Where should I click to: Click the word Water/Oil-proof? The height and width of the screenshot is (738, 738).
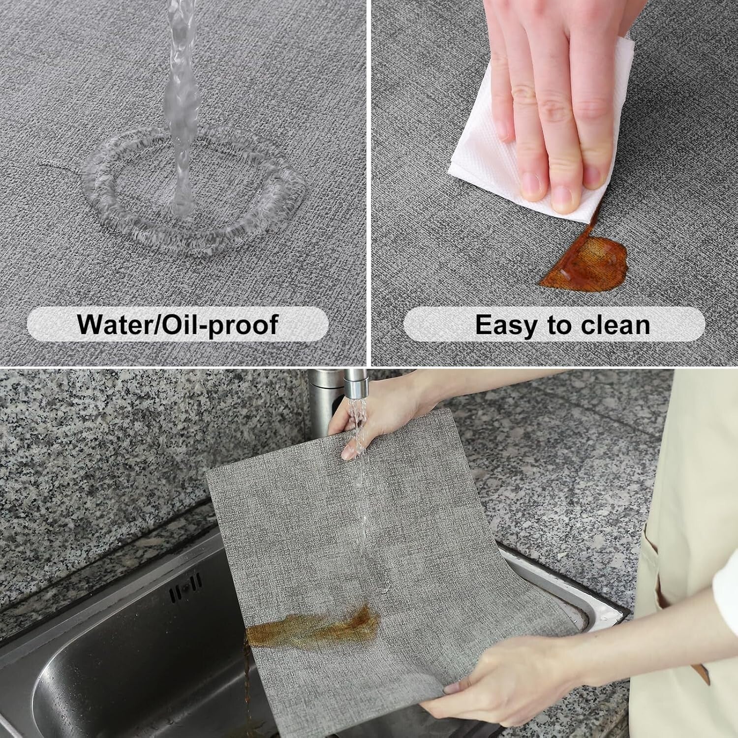[178, 325]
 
